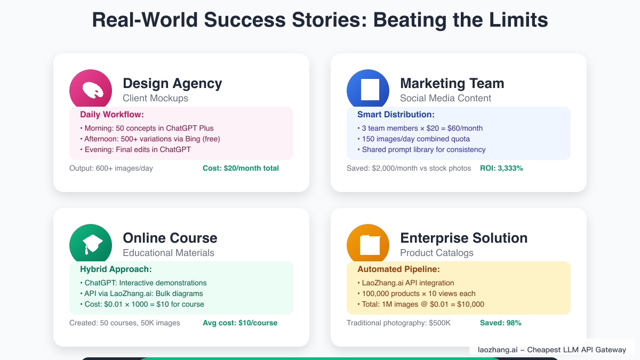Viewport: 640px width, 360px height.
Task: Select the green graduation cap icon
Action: pos(91,244)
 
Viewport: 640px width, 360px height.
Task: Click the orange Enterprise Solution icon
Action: pos(368,244)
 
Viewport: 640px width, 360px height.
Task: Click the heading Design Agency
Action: pos(172,83)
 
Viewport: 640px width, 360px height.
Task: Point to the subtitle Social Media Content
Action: pos(445,98)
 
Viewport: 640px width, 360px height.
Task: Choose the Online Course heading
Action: pos(170,238)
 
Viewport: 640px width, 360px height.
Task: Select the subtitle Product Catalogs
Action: pos(436,253)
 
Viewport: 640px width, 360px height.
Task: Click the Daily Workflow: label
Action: pos(112,115)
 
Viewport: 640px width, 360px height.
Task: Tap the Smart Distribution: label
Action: pos(396,115)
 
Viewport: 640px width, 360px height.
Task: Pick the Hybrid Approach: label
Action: pos(116,269)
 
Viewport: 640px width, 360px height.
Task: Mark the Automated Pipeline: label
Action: pos(398,269)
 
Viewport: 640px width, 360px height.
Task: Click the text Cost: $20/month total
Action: pos(241,169)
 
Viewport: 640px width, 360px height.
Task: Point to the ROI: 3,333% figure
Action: pos(501,169)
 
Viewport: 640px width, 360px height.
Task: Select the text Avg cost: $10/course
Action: pos(240,323)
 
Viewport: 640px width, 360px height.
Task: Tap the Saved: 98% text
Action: pos(500,323)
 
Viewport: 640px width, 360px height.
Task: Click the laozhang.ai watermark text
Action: pos(551,350)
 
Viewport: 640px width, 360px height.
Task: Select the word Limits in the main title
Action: pos(517,20)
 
